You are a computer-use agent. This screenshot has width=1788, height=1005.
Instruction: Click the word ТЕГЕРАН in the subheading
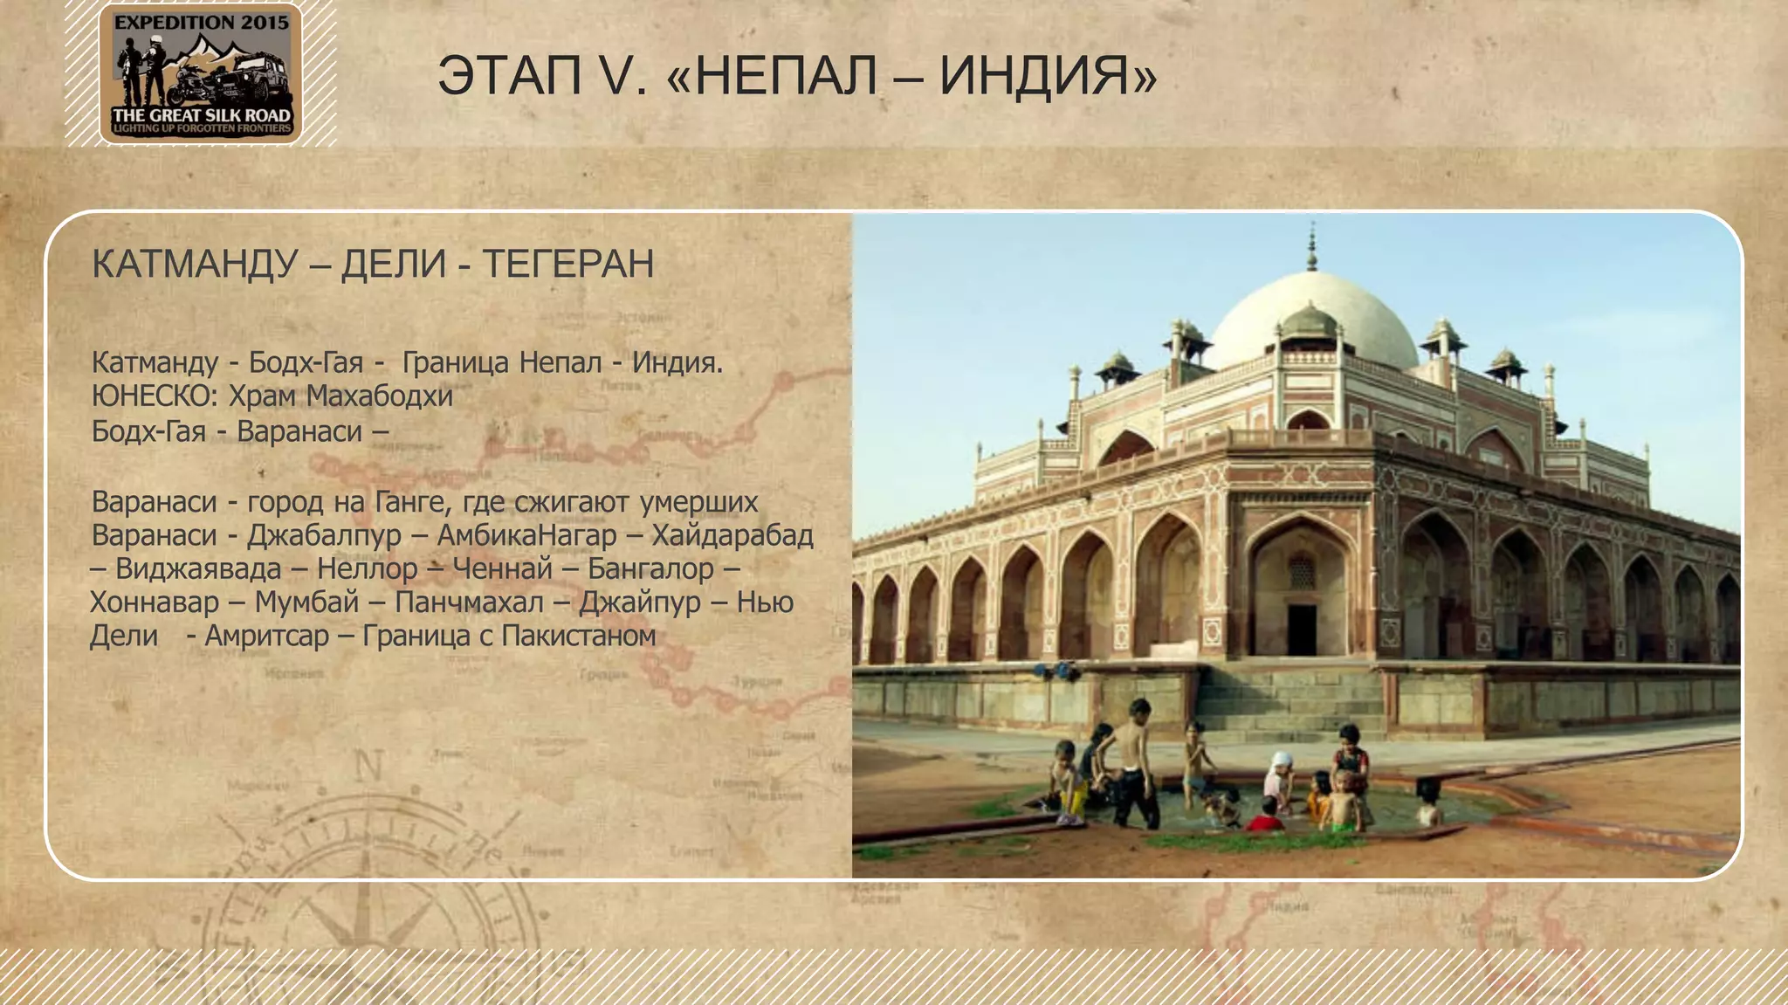567,264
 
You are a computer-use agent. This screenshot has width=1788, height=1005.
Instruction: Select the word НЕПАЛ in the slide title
787,76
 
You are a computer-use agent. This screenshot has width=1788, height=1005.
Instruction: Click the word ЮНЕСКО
154,396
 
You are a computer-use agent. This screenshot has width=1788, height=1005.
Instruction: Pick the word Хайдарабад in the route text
732,534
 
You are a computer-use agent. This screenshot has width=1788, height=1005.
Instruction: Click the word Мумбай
306,602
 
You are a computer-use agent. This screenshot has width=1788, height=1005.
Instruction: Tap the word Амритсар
266,636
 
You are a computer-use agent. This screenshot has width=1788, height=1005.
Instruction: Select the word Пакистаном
578,636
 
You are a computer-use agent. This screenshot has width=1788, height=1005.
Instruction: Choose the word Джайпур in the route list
639,602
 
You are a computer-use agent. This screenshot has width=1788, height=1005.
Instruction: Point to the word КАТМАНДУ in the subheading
195,264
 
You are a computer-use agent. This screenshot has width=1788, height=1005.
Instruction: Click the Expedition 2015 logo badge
201,73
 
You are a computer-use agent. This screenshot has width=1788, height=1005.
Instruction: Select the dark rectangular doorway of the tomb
1302,629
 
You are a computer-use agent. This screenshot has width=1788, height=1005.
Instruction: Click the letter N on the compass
368,767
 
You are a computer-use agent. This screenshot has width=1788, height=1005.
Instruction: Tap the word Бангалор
650,568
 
